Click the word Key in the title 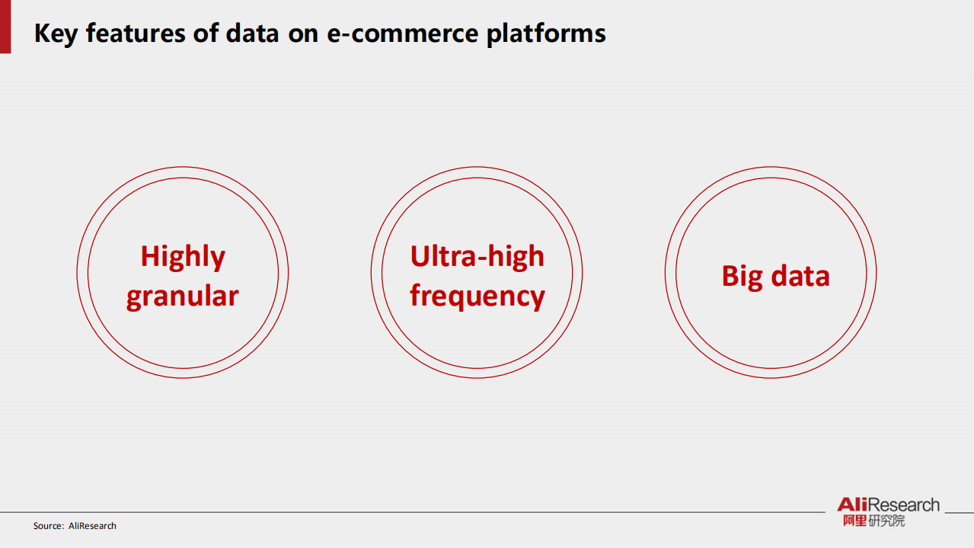(56, 34)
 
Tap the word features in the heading (136, 33)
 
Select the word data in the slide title (253, 33)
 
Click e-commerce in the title (403, 34)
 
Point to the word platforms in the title (546, 34)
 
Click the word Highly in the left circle (183, 258)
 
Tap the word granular (183, 296)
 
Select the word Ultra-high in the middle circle (477, 258)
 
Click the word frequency (477, 296)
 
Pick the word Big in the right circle (742, 277)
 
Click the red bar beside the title (5, 27)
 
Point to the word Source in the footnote (47, 526)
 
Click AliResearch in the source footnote (92, 526)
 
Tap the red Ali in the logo (853, 505)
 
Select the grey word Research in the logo (904, 505)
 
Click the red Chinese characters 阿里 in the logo (855, 521)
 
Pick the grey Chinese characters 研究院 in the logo (886, 521)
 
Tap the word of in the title (206, 33)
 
